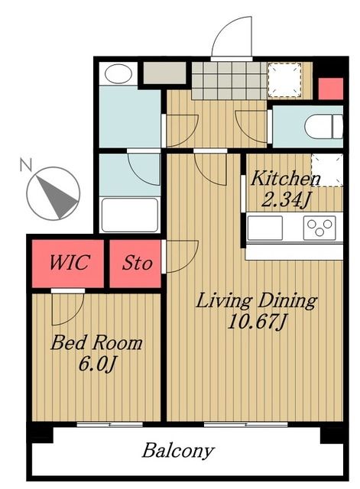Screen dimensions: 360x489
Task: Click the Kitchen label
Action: pyautogui.click(x=285, y=178)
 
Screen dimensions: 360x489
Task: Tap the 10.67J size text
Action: pyautogui.click(x=256, y=321)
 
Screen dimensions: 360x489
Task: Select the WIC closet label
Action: pyautogui.click(x=70, y=262)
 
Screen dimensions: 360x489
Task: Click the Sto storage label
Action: pyautogui.click(x=137, y=263)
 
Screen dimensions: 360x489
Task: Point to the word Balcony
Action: pyautogui.click(x=178, y=452)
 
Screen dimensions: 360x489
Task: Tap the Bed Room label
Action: pyautogui.click(x=96, y=342)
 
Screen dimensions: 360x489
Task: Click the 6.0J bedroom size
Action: pyautogui.click(x=98, y=364)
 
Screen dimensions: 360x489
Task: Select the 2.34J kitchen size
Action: pyautogui.click(x=286, y=199)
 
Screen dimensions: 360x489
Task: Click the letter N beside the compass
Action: pyautogui.click(x=26, y=164)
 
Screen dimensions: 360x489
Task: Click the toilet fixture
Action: pyautogui.click(x=324, y=126)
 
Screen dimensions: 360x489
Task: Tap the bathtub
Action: pyautogui.click(x=130, y=215)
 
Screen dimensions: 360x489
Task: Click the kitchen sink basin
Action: pyautogui.click(x=265, y=228)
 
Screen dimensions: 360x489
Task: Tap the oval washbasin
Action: pyautogui.click(x=118, y=74)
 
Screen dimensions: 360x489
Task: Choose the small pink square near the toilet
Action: pyautogui.click(x=330, y=89)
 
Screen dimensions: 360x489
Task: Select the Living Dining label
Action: pyautogui.click(x=256, y=300)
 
